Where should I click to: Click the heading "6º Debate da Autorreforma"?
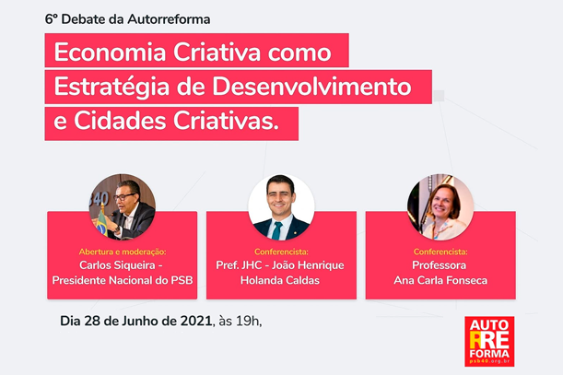pyautogui.click(x=127, y=19)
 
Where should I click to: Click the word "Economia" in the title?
pyautogui.click(x=110, y=53)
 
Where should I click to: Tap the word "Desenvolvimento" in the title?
pyautogui.click(x=311, y=87)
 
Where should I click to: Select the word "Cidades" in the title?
pyautogui.click(x=120, y=121)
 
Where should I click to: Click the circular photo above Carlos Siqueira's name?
pyautogui.click(x=122, y=207)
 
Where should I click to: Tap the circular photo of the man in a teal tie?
pyautogui.click(x=281, y=207)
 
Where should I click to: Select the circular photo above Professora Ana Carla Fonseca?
pyautogui.click(x=440, y=207)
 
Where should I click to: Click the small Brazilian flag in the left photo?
pyautogui.click(x=102, y=223)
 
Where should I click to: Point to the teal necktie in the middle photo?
pyautogui.click(x=276, y=230)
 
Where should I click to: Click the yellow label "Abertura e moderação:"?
pyautogui.click(x=123, y=252)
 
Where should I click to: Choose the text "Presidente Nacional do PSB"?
pyautogui.click(x=123, y=280)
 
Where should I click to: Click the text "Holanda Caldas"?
pyautogui.click(x=280, y=280)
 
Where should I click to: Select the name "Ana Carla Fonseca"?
pyautogui.click(x=440, y=280)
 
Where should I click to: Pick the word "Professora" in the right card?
pyautogui.click(x=440, y=265)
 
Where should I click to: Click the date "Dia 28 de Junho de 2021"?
pyautogui.click(x=135, y=321)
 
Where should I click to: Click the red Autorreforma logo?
pyautogui.click(x=489, y=341)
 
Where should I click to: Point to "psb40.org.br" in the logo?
pyautogui.click(x=489, y=360)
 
